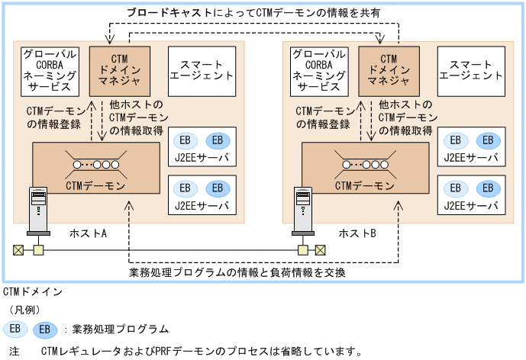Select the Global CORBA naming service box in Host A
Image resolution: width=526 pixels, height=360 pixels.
(50, 70)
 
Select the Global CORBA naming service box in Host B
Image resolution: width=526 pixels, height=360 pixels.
(321, 70)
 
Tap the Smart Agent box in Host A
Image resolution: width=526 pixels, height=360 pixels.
(201, 70)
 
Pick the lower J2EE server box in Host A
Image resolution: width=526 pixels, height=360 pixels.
(202, 194)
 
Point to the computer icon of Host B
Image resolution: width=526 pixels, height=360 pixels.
(303, 211)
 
